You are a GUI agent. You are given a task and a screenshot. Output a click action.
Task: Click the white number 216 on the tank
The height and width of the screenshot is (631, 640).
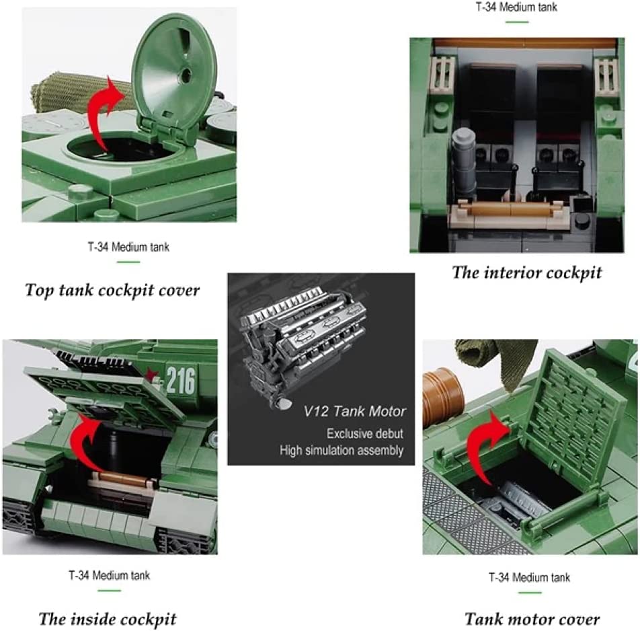(x=181, y=381)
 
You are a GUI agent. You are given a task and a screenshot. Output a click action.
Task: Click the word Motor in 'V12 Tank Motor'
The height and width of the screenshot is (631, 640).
(x=387, y=411)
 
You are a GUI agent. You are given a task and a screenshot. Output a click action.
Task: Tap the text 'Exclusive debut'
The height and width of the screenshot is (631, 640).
(x=365, y=433)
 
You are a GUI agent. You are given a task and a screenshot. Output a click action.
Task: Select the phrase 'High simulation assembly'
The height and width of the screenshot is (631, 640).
(x=342, y=450)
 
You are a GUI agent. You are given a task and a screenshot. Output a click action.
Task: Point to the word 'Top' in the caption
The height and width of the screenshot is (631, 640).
(x=39, y=291)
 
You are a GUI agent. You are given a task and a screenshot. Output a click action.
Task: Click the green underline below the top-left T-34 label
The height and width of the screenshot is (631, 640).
(x=128, y=262)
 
